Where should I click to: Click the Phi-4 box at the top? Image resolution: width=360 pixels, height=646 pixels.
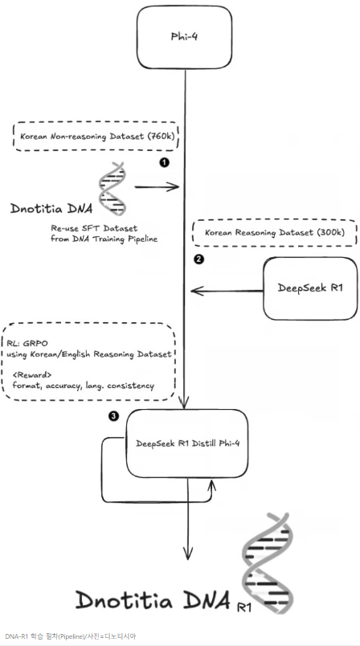[x=184, y=37]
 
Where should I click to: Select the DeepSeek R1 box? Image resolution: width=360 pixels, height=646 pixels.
[x=310, y=288]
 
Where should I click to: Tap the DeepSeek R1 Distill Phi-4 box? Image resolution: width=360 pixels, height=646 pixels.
[x=187, y=444]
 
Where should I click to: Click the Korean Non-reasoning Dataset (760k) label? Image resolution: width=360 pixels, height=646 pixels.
[x=96, y=137]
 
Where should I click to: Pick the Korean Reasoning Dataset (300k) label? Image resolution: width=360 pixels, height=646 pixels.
[x=275, y=232]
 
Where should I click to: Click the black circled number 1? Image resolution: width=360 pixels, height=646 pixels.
[x=165, y=162]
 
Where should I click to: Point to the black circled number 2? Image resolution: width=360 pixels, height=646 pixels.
[x=198, y=260]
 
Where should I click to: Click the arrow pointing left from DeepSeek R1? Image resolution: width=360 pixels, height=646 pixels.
[x=227, y=292]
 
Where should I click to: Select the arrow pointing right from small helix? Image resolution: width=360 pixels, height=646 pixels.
[x=157, y=187]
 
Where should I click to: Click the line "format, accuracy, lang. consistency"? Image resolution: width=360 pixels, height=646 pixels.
[x=84, y=386]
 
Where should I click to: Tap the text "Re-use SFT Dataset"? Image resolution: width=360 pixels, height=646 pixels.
[x=94, y=228]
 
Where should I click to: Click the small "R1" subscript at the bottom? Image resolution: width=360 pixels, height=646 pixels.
[x=244, y=607]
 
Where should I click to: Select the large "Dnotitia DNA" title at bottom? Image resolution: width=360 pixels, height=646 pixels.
[x=153, y=599]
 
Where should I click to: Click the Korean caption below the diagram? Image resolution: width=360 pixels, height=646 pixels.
[x=71, y=636]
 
